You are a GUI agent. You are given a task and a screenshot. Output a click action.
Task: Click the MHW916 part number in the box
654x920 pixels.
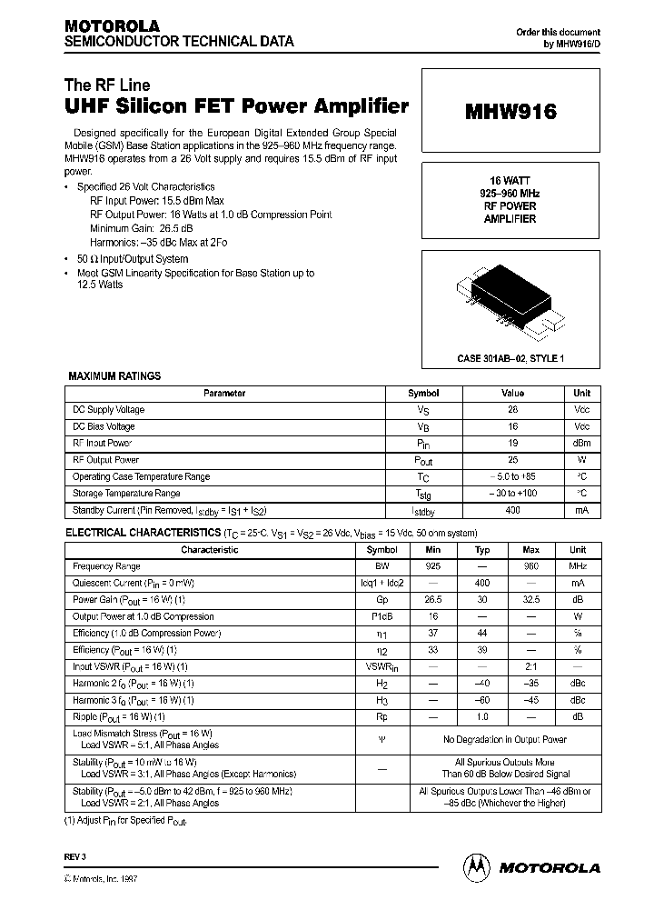pyautogui.click(x=510, y=113)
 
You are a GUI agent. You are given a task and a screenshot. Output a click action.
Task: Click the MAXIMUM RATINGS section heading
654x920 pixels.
pyautogui.click(x=114, y=375)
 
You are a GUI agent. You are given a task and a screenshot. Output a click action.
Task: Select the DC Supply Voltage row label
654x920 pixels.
pyautogui.click(x=108, y=410)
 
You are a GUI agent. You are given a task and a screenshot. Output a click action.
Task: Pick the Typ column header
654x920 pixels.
pyautogui.click(x=482, y=550)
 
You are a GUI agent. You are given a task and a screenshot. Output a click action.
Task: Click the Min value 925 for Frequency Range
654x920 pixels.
pyautogui.click(x=433, y=566)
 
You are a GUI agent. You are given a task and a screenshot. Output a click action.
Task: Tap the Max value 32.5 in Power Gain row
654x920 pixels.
pyautogui.click(x=531, y=600)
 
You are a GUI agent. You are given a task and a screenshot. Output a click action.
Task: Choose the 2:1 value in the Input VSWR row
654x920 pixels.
pyautogui.click(x=531, y=666)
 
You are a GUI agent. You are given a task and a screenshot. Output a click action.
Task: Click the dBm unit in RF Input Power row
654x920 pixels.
pyautogui.click(x=581, y=444)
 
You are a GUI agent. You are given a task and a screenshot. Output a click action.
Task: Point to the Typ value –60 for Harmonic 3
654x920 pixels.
pyautogui.click(x=482, y=700)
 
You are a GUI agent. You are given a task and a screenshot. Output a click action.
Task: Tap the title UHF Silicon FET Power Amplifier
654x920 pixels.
pyautogui.click(x=236, y=105)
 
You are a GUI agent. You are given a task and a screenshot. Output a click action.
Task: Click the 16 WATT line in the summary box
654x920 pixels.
pyautogui.click(x=510, y=182)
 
